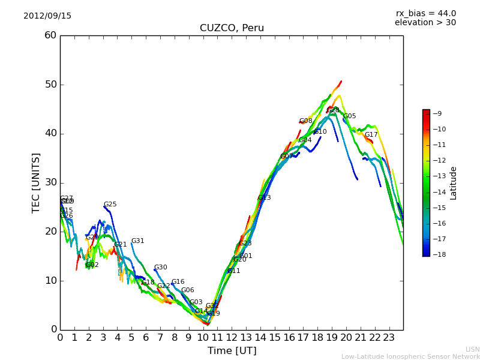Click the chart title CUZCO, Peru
click(232, 28)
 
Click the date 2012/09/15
click(47, 16)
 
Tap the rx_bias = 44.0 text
click(425, 14)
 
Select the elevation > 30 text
click(425, 23)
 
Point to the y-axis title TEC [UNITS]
click(36, 182)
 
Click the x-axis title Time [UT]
click(232, 351)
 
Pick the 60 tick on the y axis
click(50, 35)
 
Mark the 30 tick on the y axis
click(50, 182)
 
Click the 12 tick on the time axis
click(232, 338)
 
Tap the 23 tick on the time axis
click(389, 338)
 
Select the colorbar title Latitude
click(454, 183)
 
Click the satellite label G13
click(265, 198)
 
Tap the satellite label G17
click(371, 135)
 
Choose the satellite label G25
click(110, 205)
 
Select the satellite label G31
click(138, 241)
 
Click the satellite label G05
click(350, 116)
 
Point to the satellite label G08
click(306, 121)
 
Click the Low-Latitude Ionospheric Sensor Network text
click(410, 357)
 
